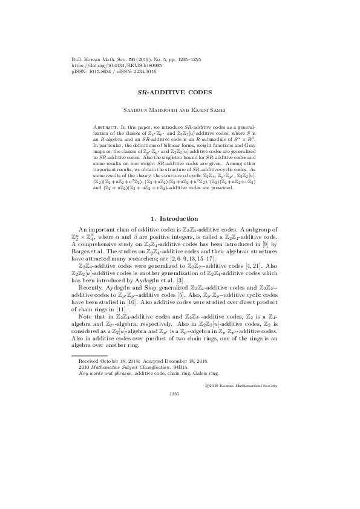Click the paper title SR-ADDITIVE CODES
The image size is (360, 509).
pyautogui.click(x=180, y=96)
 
